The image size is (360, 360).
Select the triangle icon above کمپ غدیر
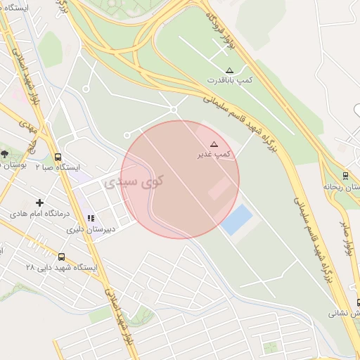click(x=214, y=143)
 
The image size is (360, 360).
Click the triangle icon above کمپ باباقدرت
click(x=230, y=70)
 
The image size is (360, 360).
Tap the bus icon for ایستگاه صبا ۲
click(x=58, y=157)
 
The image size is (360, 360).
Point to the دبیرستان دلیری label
click(x=89, y=229)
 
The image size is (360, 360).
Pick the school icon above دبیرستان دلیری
click(x=90, y=219)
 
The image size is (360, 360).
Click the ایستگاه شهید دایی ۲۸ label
click(x=62, y=267)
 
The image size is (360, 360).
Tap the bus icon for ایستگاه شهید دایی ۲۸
click(x=62, y=257)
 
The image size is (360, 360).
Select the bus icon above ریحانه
click(x=345, y=176)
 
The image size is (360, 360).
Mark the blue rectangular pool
click(x=236, y=219)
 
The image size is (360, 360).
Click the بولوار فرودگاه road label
click(x=221, y=30)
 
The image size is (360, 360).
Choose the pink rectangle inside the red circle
click(x=219, y=187)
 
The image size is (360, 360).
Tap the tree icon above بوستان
click(x=5, y=153)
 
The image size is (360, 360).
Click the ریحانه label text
click(x=337, y=186)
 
